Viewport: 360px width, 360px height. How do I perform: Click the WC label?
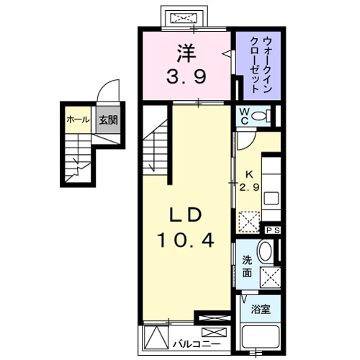tap(245, 115)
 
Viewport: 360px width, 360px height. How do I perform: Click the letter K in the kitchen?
tap(249, 174)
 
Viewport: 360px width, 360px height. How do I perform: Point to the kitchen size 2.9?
tap(249, 186)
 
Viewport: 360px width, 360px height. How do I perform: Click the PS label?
tap(273, 230)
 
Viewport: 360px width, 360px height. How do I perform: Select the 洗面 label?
tap(246, 266)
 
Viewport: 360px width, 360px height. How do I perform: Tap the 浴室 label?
tap(261, 310)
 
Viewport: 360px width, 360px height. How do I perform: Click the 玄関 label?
tap(107, 120)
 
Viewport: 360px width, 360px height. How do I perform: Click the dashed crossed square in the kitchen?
tap(250, 220)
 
